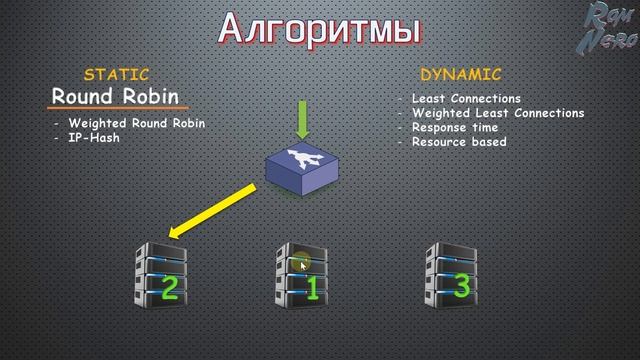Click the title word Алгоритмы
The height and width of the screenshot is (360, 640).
[x=319, y=28]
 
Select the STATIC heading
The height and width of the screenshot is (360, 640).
[x=117, y=75]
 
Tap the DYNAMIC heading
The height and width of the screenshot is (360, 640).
[x=461, y=75]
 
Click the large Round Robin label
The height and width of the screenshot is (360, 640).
[x=116, y=97]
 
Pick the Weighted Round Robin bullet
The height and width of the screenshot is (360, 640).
[x=137, y=124]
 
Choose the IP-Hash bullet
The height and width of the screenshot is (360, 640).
[x=94, y=137]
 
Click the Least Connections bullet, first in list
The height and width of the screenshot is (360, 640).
[x=466, y=99]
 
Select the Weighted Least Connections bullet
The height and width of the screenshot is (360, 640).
[x=498, y=113]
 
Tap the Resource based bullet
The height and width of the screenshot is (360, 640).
[x=459, y=142]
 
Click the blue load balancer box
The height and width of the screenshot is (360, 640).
[x=303, y=164]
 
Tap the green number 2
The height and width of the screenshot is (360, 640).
[x=169, y=288]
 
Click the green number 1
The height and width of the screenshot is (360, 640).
[x=311, y=290]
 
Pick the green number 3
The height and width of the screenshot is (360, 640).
[x=461, y=286]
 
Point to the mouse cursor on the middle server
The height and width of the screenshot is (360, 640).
[x=302, y=265]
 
